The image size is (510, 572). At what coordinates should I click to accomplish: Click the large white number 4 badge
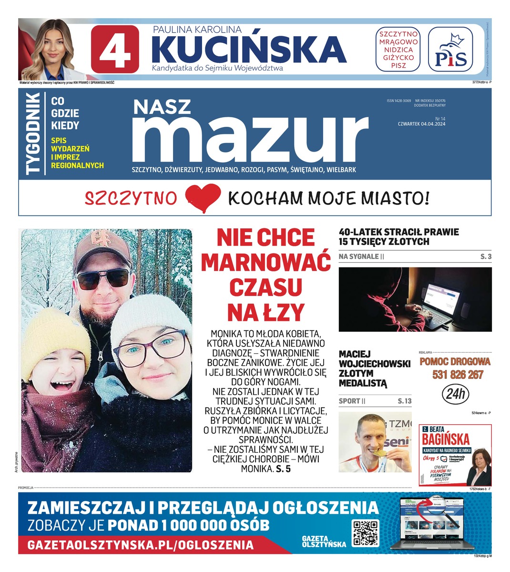(x=115, y=49)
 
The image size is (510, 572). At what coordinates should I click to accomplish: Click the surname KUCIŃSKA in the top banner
(x=248, y=49)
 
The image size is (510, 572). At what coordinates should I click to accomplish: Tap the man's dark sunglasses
(x=103, y=279)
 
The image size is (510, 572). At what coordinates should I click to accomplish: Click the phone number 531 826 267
(x=458, y=375)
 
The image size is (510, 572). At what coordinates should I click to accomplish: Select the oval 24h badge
(x=455, y=394)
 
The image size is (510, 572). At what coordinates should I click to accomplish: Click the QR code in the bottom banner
(x=366, y=532)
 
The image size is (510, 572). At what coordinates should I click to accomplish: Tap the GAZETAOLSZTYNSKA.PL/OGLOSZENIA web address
(x=141, y=545)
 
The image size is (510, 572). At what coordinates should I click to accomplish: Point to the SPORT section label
(x=349, y=401)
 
